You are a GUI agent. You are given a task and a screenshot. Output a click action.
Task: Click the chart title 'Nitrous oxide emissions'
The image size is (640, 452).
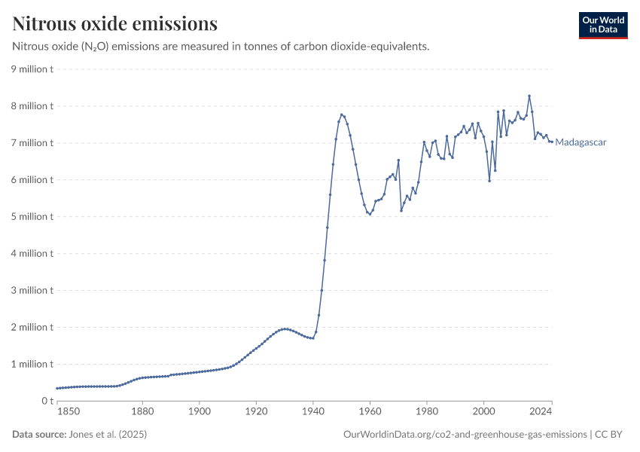point(115,24)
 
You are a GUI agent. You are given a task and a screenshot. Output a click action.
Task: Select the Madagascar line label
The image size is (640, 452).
point(581,142)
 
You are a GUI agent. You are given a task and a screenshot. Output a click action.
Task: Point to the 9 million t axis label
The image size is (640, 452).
point(31,69)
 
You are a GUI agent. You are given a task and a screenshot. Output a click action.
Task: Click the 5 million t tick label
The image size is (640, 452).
point(31,217)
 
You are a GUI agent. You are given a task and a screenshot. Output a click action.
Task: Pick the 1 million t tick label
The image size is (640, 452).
point(31,364)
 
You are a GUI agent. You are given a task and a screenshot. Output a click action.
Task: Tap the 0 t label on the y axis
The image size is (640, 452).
point(47,401)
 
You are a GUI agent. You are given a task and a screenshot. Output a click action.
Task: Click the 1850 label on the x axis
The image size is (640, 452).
point(68,413)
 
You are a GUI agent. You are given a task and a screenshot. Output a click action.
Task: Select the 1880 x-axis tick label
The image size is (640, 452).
point(142,413)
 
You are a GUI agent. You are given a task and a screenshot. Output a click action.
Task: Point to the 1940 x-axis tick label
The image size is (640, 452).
point(313,413)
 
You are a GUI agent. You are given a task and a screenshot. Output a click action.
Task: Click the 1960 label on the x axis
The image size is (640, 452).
point(370,413)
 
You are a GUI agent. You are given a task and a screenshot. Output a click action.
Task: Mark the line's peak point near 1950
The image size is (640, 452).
point(341,115)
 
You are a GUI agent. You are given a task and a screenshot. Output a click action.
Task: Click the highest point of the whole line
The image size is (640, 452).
point(529,96)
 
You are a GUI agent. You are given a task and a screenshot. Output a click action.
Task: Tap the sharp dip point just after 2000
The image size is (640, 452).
point(489,181)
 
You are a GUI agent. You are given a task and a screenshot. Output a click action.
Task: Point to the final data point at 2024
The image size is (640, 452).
point(552,142)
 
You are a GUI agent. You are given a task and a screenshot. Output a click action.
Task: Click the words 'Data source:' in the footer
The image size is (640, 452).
point(38,435)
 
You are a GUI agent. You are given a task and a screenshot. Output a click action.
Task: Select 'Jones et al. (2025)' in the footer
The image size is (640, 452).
point(107,435)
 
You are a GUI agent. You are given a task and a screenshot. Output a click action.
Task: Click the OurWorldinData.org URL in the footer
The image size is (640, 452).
point(465,435)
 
